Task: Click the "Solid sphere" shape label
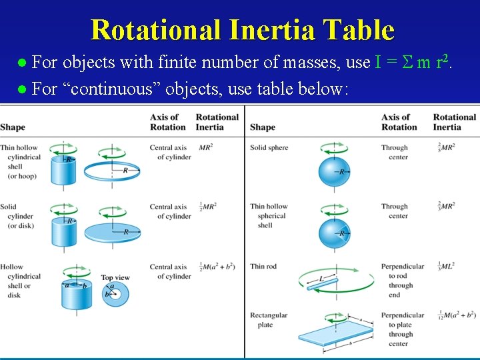pos(269,148)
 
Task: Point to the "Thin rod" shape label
pos(263,267)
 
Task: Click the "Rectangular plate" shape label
pos(269,320)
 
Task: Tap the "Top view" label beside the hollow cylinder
pos(115,277)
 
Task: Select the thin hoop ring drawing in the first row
pos(112,171)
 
